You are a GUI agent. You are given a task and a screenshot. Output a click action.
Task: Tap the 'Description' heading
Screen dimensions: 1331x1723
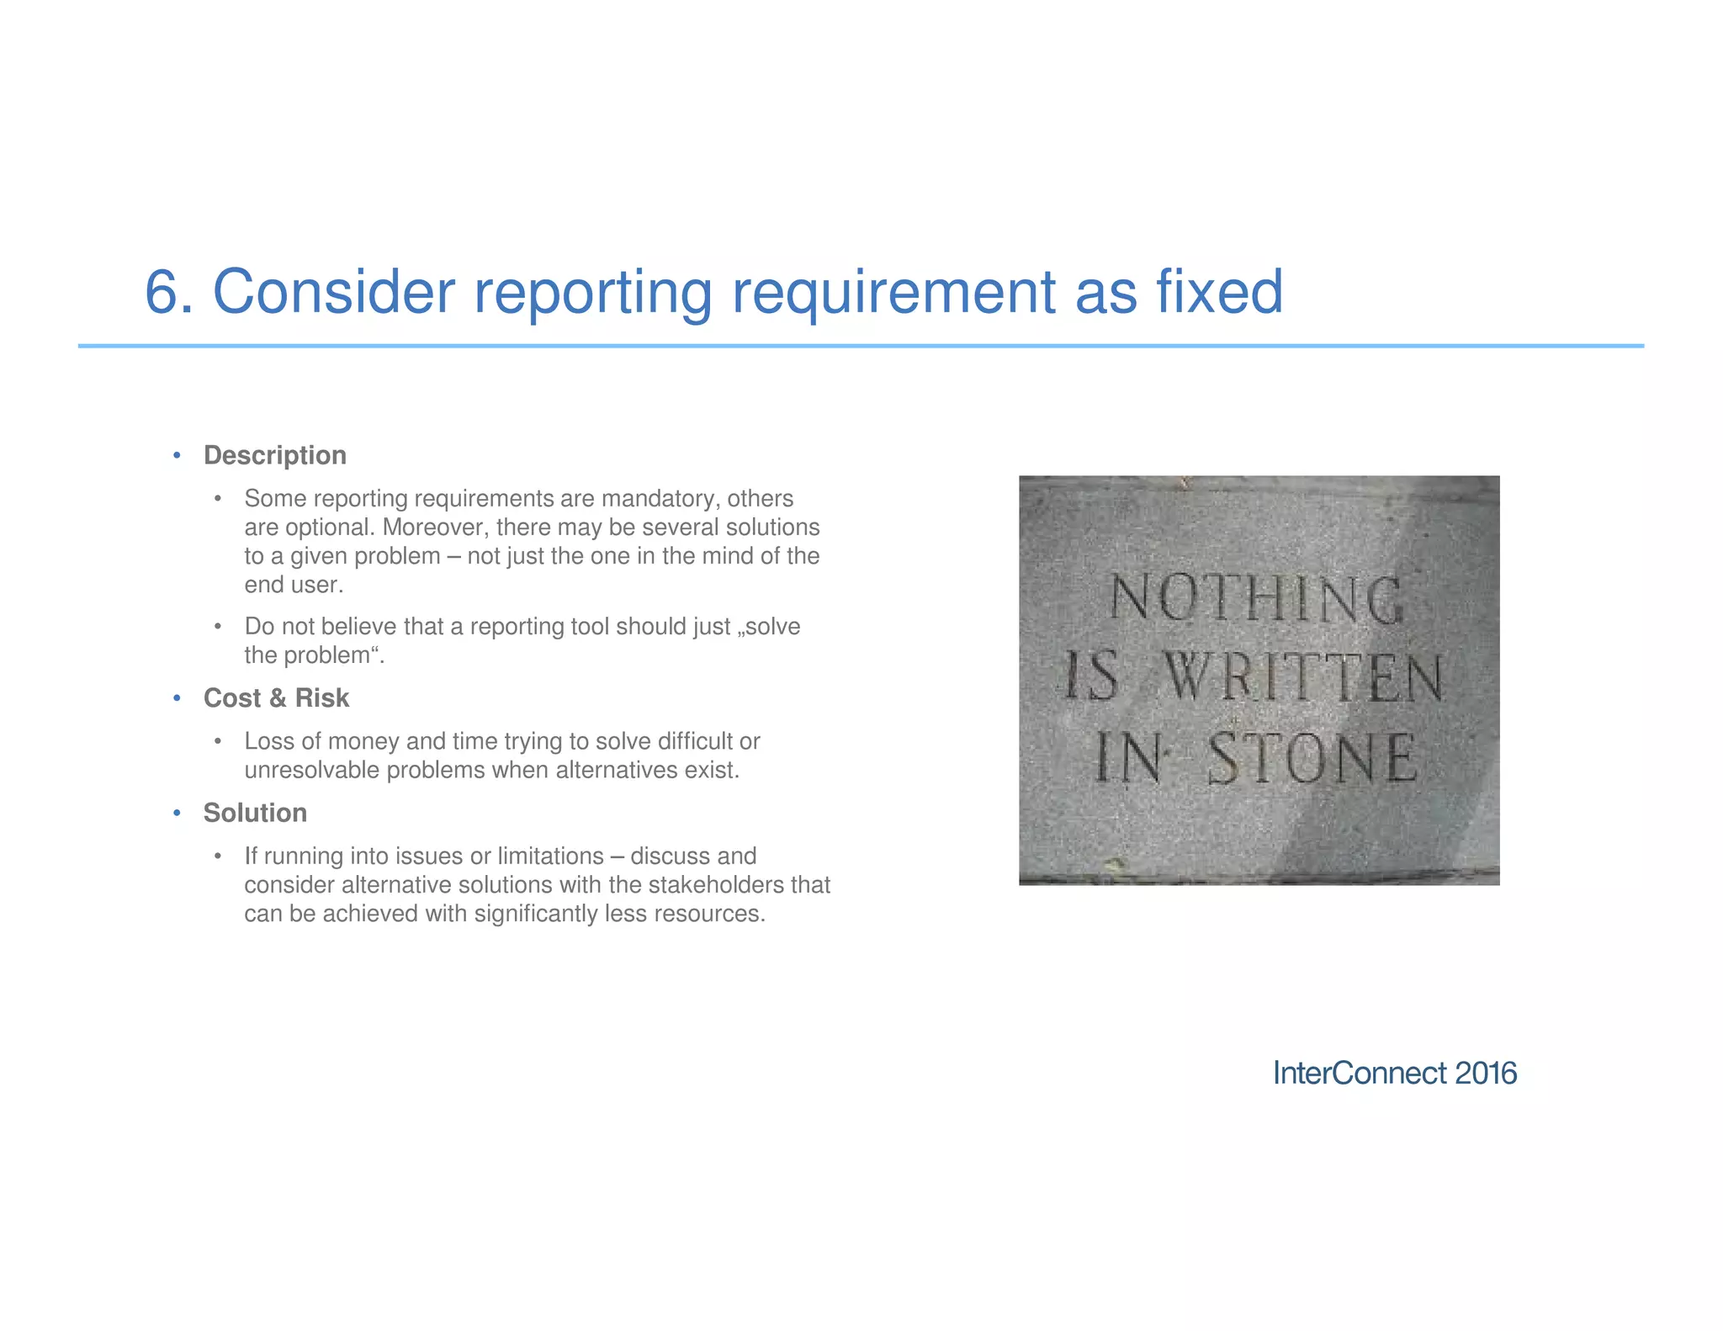click(275, 455)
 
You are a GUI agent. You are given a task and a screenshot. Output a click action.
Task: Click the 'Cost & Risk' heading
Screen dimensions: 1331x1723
click(276, 698)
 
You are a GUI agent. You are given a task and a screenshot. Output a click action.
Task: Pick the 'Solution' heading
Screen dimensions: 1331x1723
click(255, 813)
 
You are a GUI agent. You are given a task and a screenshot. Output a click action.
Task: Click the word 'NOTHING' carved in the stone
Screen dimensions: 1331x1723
click(1255, 598)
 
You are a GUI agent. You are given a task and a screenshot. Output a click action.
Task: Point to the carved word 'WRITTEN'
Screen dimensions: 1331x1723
click(1303, 677)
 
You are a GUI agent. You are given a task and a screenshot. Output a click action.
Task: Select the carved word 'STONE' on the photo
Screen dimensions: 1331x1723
click(1312, 758)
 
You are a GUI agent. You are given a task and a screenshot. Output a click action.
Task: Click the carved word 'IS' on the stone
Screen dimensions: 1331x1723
click(1092, 677)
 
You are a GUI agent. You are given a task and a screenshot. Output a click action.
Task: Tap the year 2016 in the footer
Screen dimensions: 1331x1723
click(1486, 1074)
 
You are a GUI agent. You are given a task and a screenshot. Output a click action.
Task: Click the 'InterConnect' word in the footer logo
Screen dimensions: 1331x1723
click(1360, 1074)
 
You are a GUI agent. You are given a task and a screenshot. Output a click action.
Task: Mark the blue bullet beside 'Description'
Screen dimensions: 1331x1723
click(177, 455)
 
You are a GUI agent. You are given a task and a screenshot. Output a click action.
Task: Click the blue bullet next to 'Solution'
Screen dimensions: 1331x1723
click(177, 813)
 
